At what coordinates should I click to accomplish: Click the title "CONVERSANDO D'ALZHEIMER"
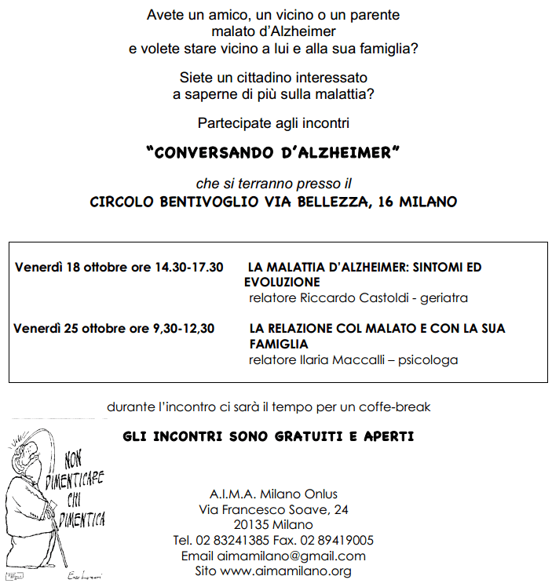[273, 152]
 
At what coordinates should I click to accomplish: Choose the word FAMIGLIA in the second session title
[276, 344]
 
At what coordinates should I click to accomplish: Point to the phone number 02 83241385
[234, 540]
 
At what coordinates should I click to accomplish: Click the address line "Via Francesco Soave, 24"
[273, 509]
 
